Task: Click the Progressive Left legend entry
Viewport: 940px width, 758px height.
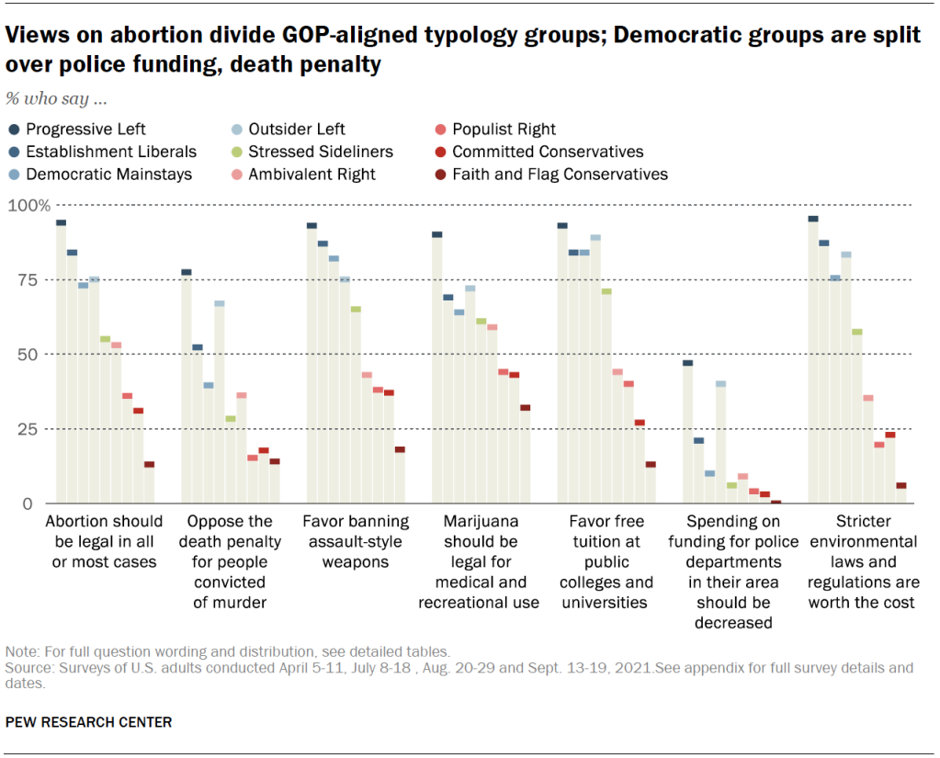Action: pyautogui.click(x=85, y=130)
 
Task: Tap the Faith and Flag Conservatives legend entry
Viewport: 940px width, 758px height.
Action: pyautogui.click(x=560, y=174)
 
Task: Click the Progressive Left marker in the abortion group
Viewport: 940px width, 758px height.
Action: pyautogui.click(x=61, y=222)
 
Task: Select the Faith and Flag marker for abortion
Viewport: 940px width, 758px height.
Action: pyautogui.click(x=149, y=464)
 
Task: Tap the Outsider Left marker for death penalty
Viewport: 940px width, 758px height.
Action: pyautogui.click(x=220, y=303)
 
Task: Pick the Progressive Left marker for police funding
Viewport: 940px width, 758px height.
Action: pyautogui.click(x=688, y=363)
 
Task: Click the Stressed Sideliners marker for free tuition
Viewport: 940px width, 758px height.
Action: pyautogui.click(x=606, y=291)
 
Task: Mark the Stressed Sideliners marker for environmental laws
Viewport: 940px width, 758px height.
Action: pyautogui.click(x=857, y=332)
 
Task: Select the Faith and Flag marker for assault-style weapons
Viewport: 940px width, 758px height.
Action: pyautogui.click(x=400, y=449)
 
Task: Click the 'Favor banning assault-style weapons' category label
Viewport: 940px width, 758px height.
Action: pyautogui.click(x=356, y=541)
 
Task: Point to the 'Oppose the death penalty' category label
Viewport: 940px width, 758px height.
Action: pyautogui.click(x=231, y=561)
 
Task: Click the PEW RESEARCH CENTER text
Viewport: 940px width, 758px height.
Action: pyautogui.click(x=88, y=722)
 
